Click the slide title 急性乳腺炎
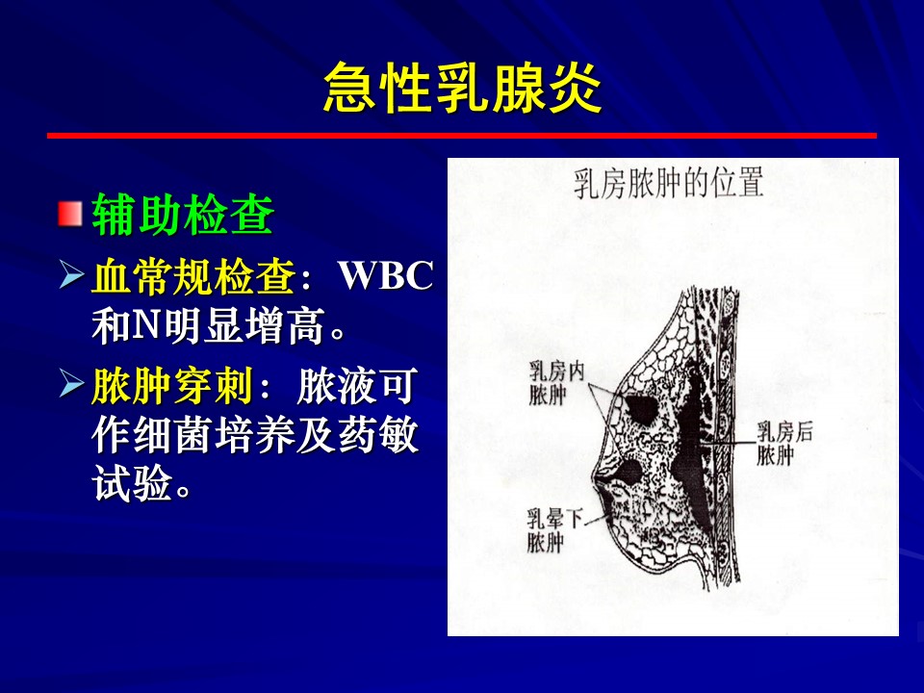pyautogui.click(x=463, y=88)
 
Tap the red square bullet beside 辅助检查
pyautogui.click(x=69, y=214)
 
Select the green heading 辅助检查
pyautogui.click(x=183, y=214)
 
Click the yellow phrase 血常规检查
pyautogui.click(x=193, y=276)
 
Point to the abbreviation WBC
pyautogui.click(x=385, y=275)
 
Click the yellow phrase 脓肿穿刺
pyautogui.click(x=172, y=386)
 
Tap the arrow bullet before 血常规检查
pyautogui.click(x=71, y=275)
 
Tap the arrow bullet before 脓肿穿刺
pyautogui.click(x=71, y=384)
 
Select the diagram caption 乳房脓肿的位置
pyautogui.click(x=668, y=183)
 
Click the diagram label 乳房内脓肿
pyautogui.click(x=556, y=383)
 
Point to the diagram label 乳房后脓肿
pyautogui.click(x=784, y=443)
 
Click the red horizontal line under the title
pyautogui.click(x=462, y=136)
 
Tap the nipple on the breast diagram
pyautogui.click(x=596, y=477)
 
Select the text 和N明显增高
pyautogui.click(x=208, y=325)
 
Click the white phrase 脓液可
pyautogui.click(x=357, y=386)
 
